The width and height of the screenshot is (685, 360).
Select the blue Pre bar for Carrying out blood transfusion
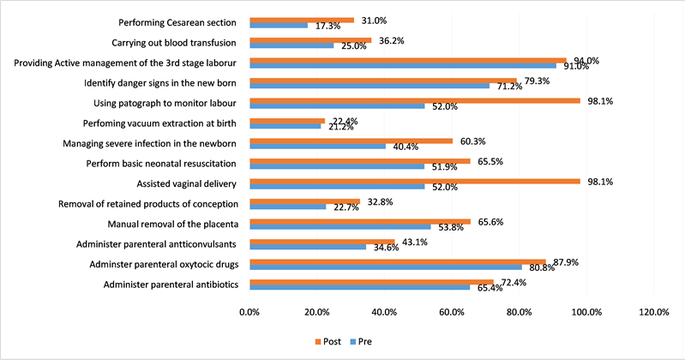pos(291,45)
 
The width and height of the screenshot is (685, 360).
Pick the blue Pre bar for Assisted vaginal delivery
pos(337,186)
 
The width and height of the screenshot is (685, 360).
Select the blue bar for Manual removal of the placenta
pos(340,227)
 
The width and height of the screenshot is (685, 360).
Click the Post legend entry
pos(327,341)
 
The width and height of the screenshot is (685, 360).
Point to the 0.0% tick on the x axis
pos(249,312)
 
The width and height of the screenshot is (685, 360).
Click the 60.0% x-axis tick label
pos(452,312)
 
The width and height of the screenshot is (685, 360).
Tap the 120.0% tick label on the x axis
pos(655,312)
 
